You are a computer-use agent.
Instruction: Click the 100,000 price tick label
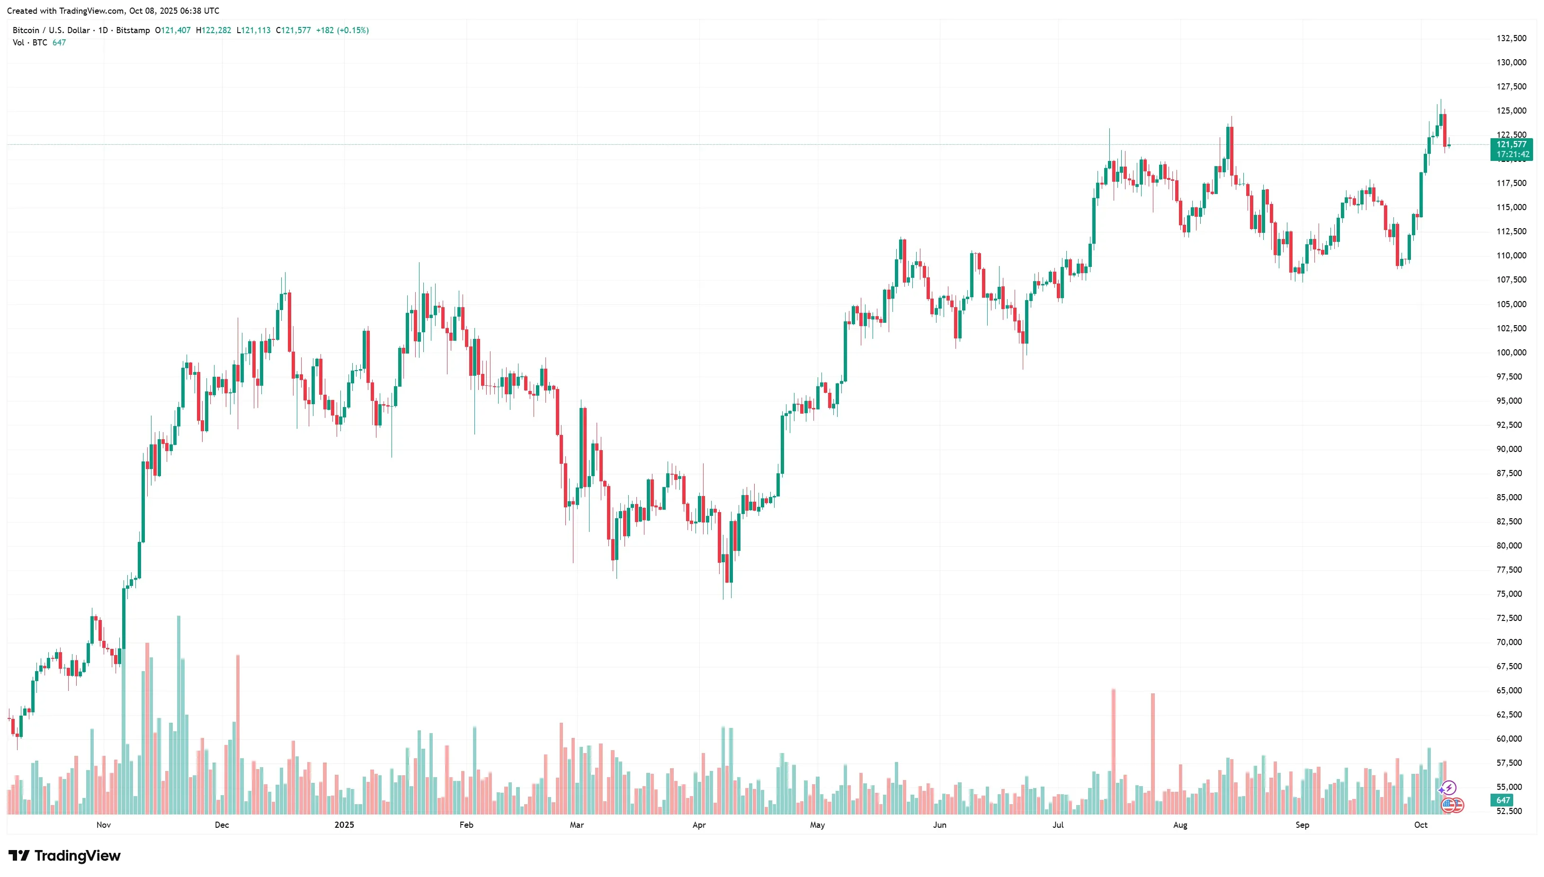pos(1511,353)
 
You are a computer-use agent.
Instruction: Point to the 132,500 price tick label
pos(1511,38)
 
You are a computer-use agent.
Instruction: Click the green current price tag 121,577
pos(1511,144)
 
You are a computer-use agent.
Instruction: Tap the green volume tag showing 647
pos(1503,800)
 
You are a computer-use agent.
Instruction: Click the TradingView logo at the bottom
pos(64,856)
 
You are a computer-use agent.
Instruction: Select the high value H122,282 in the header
pos(213,30)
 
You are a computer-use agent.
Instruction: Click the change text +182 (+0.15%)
pos(342,30)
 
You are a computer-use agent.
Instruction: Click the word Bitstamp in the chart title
pos(133,30)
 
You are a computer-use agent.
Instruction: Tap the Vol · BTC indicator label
pos(30,43)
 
